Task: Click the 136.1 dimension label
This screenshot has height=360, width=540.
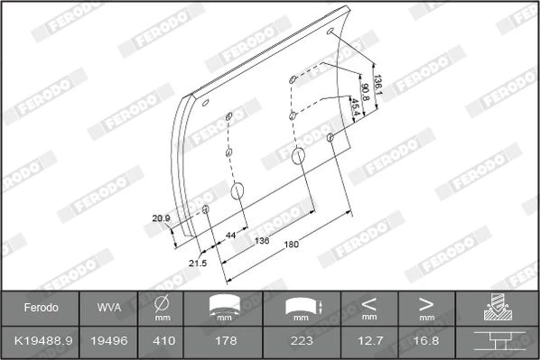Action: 378,85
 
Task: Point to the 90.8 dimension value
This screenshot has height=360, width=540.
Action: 365,92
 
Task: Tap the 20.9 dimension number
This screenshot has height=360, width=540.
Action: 161,218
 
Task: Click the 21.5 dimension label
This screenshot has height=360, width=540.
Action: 198,263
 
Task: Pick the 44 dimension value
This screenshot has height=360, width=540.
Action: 231,235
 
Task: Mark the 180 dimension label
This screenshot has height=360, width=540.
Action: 292,245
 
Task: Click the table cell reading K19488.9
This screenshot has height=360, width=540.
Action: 43,341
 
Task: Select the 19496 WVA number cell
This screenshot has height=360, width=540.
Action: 109,341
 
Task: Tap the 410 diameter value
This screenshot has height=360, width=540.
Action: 164,341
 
